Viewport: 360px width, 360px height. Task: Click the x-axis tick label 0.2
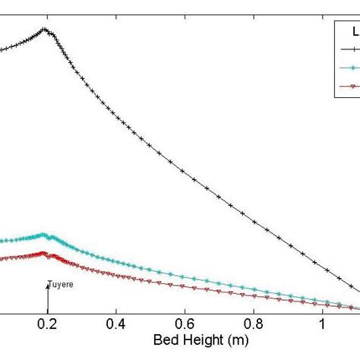tap(47, 322)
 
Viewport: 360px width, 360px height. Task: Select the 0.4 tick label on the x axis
tap(115, 322)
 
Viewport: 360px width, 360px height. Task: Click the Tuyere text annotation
tap(59, 286)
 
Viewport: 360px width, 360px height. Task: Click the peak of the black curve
tap(45, 29)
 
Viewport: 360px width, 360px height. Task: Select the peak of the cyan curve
tap(43, 235)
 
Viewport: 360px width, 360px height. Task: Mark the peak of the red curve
tap(43, 253)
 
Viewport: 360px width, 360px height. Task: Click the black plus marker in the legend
tap(350, 49)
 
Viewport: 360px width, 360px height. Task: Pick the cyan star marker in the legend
tap(350, 68)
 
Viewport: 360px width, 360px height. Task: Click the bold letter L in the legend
tap(354, 31)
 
